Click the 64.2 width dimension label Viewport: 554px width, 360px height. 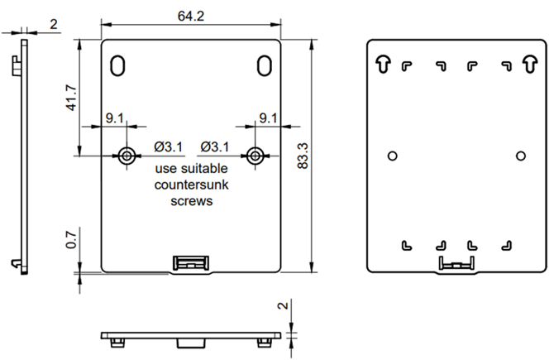click(191, 16)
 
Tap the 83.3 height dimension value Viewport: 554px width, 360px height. click(303, 156)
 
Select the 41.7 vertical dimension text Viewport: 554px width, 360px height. click(71, 98)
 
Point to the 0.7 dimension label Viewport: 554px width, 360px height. click(71, 240)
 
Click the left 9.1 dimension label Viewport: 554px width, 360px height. click(114, 118)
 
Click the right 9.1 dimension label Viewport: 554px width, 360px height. click(268, 118)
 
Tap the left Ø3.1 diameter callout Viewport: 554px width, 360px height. click(168, 146)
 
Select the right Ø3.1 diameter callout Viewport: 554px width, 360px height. click(215, 146)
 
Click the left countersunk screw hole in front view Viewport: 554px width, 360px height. click(127, 156)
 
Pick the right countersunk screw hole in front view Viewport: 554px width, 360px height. click(256, 156)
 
